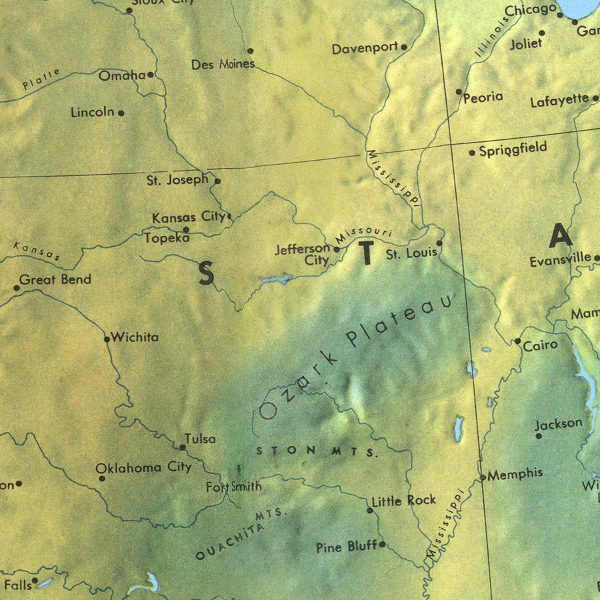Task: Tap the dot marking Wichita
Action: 107,339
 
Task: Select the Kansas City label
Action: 189,217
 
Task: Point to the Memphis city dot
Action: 483,477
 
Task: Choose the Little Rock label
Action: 404,500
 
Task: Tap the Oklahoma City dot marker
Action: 102,478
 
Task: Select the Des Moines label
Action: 223,65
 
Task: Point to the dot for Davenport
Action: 404,47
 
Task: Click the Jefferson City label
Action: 303,254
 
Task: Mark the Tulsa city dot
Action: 183,447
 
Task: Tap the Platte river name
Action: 41,79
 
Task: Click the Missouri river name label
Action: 363,234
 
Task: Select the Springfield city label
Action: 513,148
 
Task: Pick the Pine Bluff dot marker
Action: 382,545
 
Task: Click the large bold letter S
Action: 206,273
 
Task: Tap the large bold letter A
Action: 560,236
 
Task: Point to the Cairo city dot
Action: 517,341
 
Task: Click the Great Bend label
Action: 55,280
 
